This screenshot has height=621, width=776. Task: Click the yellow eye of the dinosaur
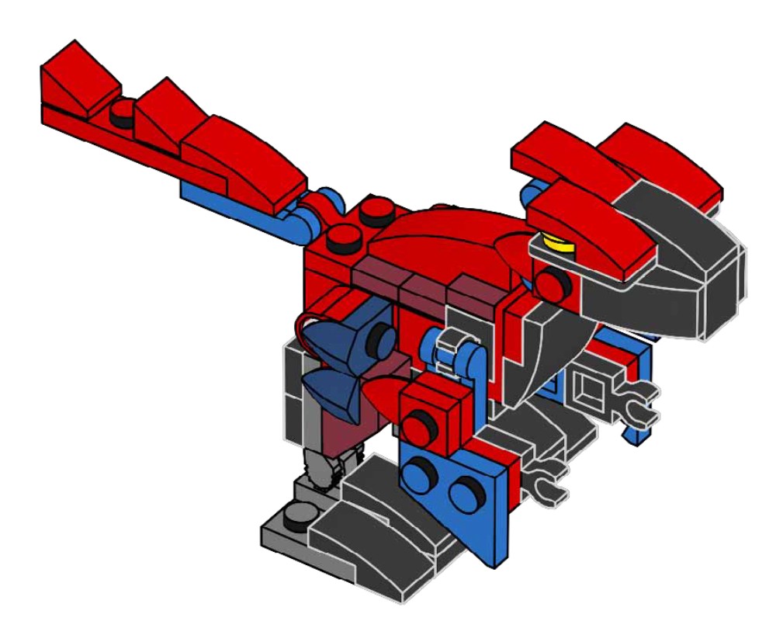556,244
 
